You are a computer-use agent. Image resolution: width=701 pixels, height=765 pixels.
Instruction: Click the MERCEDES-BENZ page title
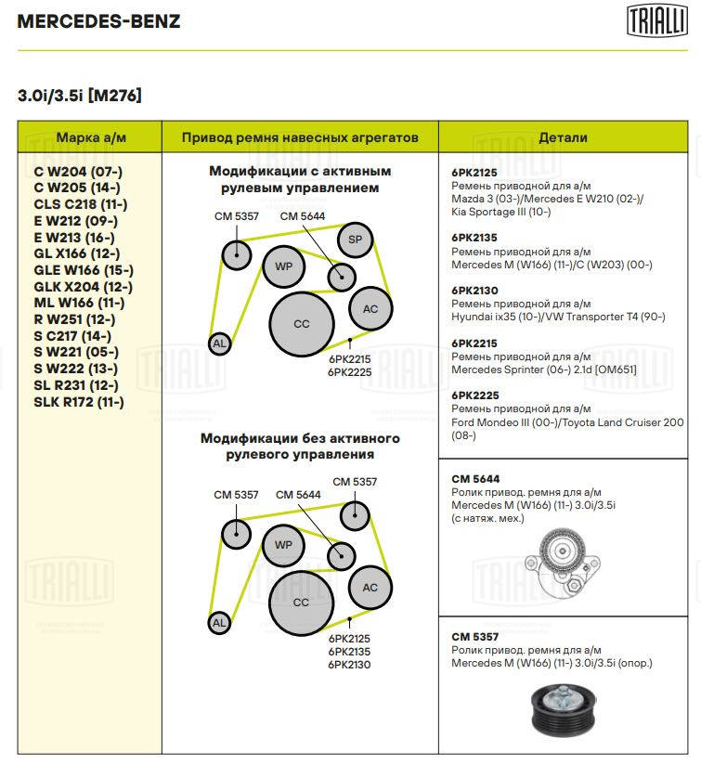click(x=99, y=21)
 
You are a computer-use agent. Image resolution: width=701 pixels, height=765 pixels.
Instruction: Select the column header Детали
click(x=563, y=137)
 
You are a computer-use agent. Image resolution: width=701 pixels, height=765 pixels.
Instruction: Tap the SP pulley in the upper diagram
click(x=354, y=240)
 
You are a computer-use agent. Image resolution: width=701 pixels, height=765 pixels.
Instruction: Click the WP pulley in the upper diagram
click(x=283, y=267)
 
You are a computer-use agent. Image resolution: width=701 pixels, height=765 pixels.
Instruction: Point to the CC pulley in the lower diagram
click(x=301, y=602)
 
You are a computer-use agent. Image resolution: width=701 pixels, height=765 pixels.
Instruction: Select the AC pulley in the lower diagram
click(x=370, y=587)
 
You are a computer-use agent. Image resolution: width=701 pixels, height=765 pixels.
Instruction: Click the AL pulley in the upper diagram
click(x=219, y=344)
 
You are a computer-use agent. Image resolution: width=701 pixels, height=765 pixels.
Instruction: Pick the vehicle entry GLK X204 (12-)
click(x=83, y=287)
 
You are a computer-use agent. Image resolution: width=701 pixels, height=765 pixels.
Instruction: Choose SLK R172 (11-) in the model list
click(x=78, y=403)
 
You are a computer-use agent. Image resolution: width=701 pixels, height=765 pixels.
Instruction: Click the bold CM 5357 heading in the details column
click(x=474, y=637)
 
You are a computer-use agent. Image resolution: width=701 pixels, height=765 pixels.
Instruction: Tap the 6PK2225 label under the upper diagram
click(x=349, y=371)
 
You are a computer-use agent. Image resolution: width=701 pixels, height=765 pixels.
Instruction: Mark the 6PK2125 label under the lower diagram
click(x=349, y=639)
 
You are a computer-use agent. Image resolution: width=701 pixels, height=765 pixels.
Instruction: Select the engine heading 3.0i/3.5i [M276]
click(x=80, y=96)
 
